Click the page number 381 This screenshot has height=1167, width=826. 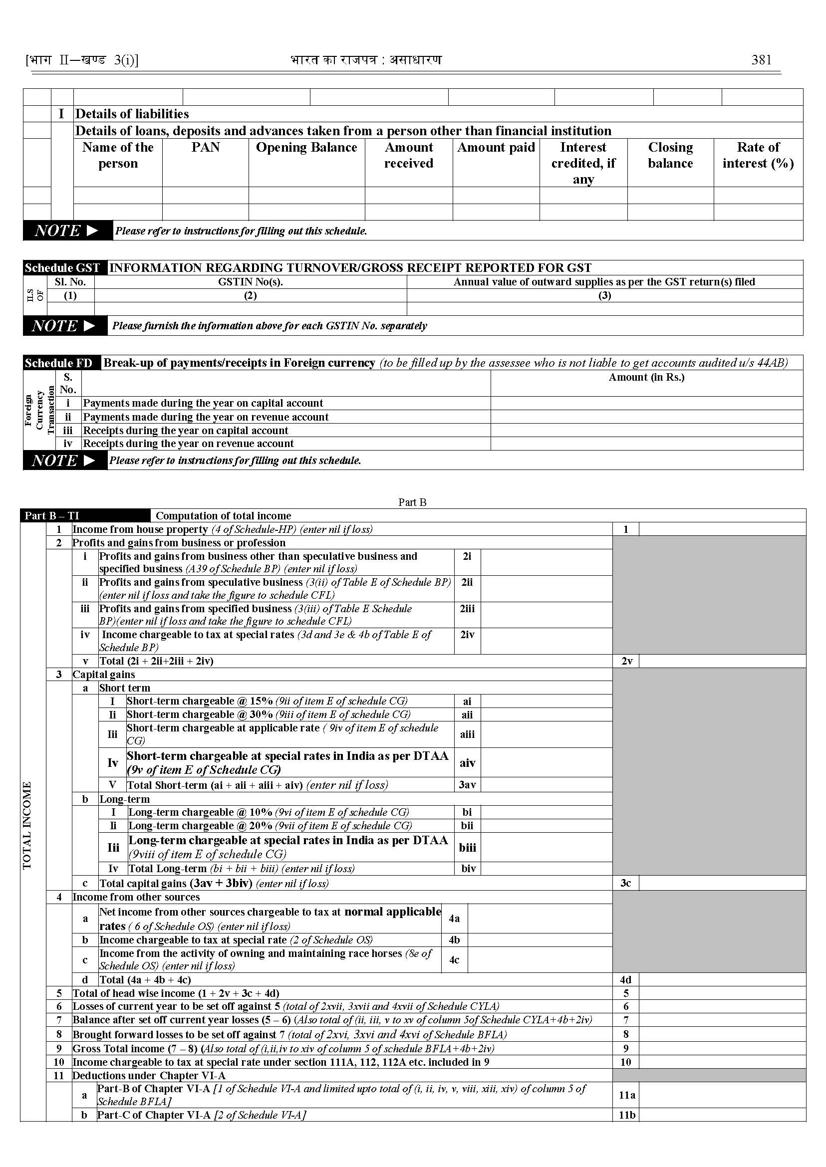pyautogui.click(x=761, y=60)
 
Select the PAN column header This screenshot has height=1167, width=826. pyautogui.click(x=206, y=148)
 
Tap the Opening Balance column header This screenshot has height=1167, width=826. pyautogui.click(x=306, y=148)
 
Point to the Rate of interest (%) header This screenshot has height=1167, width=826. pyautogui.click(x=758, y=155)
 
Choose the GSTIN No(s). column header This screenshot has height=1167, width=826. pyautogui.click(x=250, y=282)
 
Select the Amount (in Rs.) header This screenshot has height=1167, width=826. pyautogui.click(x=646, y=377)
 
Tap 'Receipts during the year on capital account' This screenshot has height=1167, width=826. pyautogui.click(x=186, y=431)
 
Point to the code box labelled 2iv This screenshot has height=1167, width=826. pyautogui.click(x=467, y=635)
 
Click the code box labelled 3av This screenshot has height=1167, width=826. pyautogui.click(x=467, y=785)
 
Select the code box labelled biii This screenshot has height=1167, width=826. pyautogui.click(x=467, y=847)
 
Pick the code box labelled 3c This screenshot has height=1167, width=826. pyautogui.click(x=625, y=883)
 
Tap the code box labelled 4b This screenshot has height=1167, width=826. pyautogui.click(x=454, y=940)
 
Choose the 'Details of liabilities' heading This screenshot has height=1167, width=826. pyautogui.click(x=132, y=114)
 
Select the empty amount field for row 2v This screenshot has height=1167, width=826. pyautogui.click(x=722, y=661)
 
